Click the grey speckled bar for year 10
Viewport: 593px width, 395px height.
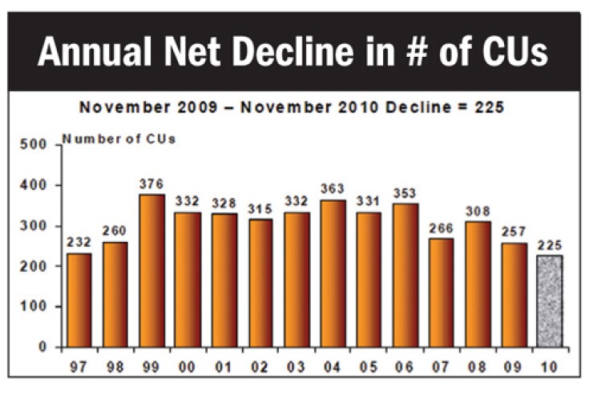point(549,301)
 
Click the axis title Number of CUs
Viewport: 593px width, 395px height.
point(119,139)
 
